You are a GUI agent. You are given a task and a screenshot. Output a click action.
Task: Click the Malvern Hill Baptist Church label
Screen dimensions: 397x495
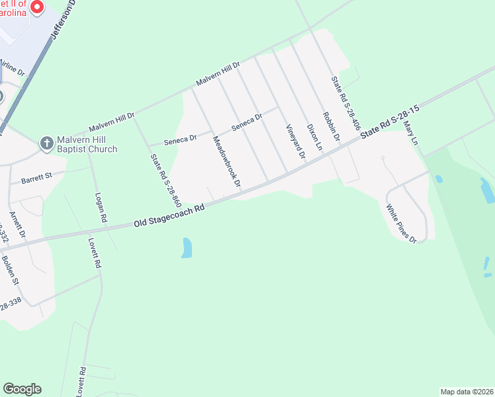(87, 144)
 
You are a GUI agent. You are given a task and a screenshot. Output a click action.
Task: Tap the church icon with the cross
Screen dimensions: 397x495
(46, 144)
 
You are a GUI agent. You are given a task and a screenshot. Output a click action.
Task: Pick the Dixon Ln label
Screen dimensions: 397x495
(314, 136)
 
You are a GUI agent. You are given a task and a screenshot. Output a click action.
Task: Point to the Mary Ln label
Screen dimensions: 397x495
(411, 132)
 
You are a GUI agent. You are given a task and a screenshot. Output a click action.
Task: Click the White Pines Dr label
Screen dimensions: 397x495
(402, 223)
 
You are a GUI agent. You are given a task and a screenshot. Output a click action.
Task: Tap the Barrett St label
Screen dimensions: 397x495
(36, 177)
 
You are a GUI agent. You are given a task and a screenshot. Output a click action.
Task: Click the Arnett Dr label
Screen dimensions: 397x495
(17, 225)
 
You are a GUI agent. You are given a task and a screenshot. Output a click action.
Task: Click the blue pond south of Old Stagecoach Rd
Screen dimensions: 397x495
(187, 247)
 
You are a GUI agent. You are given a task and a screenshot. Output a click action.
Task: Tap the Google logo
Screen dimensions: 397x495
(22, 389)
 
